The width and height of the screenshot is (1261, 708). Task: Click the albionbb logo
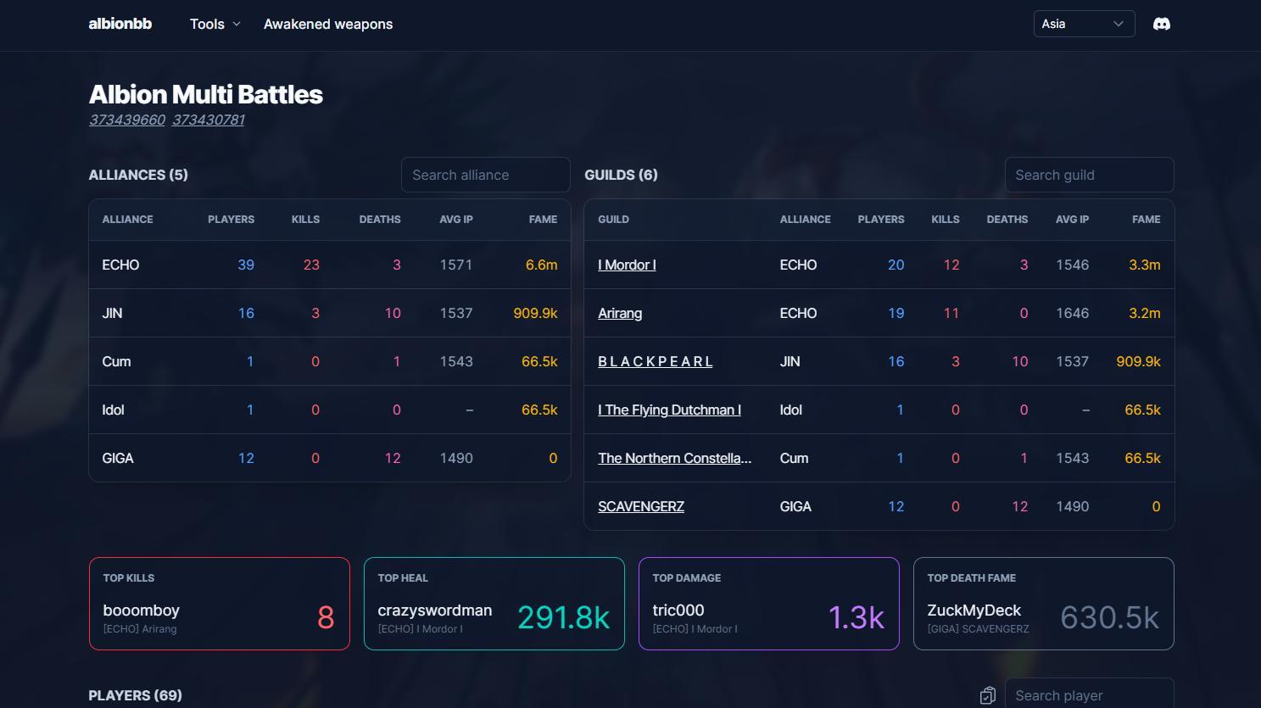tap(120, 24)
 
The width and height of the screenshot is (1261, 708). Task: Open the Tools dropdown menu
tap(215, 25)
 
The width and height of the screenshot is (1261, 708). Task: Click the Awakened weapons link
tap(328, 25)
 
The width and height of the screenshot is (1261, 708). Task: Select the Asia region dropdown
tap(1084, 24)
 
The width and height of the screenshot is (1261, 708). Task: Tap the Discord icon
tap(1162, 24)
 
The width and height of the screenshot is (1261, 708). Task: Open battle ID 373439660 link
tap(127, 120)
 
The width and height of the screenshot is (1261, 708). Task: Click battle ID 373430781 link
tap(209, 120)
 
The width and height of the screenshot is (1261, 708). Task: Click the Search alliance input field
tap(485, 175)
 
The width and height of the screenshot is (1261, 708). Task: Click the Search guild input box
tap(1090, 175)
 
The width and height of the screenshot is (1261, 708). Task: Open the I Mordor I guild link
tap(627, 265)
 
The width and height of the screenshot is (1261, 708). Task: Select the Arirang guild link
tap(620, 313)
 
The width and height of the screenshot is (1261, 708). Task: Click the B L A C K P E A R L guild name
tap(655, 361)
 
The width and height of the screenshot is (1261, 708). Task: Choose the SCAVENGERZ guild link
tap(640, 506)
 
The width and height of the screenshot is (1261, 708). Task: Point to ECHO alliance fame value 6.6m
tap(541, 265)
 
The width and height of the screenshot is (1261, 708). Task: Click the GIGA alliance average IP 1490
tap(456, 458)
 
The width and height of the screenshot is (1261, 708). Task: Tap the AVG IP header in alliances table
tap(456, 220)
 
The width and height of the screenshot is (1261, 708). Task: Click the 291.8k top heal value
tap(563, 617)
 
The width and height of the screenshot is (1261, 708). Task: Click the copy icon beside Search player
tap(987, 695)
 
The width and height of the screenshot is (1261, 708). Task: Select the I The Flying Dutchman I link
tap(669, 410)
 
